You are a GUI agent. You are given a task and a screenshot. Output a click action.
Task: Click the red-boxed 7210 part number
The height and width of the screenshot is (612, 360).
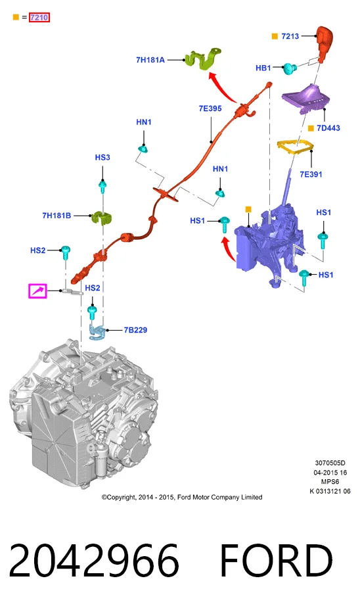click(x=39, y=17)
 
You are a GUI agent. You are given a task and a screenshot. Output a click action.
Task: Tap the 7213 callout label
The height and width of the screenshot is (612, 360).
click(x=290, y=36)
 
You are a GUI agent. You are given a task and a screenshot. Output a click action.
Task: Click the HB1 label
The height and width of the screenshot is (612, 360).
click(x=263, y=68)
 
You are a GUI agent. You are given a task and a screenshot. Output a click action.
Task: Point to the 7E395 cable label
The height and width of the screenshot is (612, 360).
click(x=210, y=108)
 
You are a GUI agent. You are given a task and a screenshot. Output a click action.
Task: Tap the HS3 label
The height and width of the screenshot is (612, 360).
click(x=102, y=157)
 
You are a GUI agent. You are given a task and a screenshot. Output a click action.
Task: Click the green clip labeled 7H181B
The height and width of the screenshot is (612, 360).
click(x=101, y=218)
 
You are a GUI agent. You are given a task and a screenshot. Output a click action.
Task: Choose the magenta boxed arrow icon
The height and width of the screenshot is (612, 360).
click(x=37, y=291)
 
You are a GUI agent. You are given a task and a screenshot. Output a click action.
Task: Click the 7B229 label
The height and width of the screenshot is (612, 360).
click(x=135, y=330)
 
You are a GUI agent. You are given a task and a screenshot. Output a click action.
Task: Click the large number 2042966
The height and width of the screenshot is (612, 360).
click(x=94, y=561)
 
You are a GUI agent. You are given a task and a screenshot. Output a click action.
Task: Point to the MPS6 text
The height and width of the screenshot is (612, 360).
click(x=330, y=482)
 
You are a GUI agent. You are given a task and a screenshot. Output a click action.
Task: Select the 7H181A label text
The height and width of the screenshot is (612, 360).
click(x=150, y=60)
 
